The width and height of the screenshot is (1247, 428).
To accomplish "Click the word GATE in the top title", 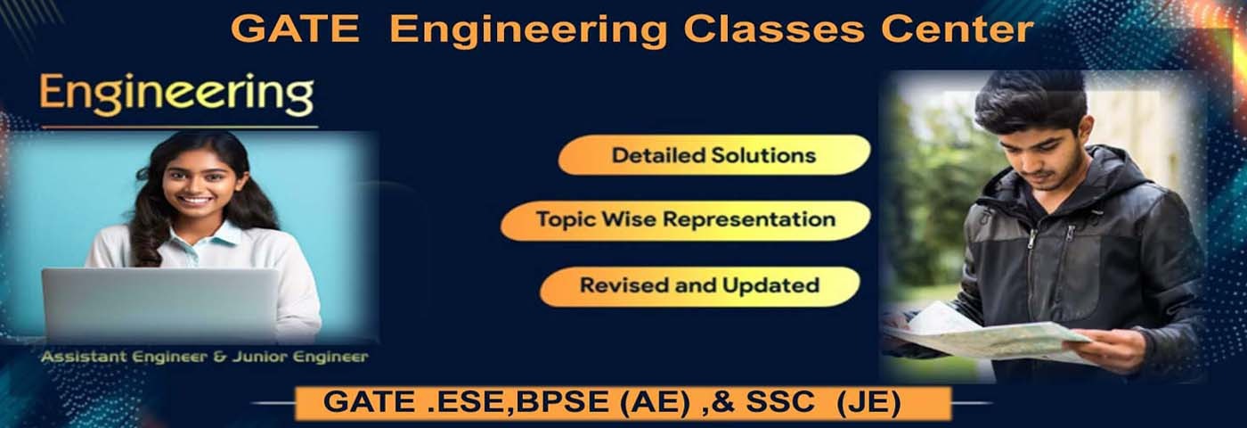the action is click(x=295, y=29).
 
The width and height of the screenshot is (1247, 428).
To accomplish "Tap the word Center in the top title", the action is click(x=957, y=29).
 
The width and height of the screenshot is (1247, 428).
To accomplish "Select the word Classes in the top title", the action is click(x=774, y=29).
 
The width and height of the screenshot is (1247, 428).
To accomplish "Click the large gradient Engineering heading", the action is click(x=177, y=95).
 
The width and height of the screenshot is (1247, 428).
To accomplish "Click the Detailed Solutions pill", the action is click(x=714, y=155).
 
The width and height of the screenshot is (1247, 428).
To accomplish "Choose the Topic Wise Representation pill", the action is click(x=685, y=220).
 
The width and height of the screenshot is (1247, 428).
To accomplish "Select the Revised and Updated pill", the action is click(x=700, y=286).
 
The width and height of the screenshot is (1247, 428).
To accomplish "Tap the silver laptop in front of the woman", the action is click(x=160, y=304).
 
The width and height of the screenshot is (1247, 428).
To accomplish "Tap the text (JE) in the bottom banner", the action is click(x=869, y=403).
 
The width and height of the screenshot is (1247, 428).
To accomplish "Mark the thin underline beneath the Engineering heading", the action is click(x=179, y=127).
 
